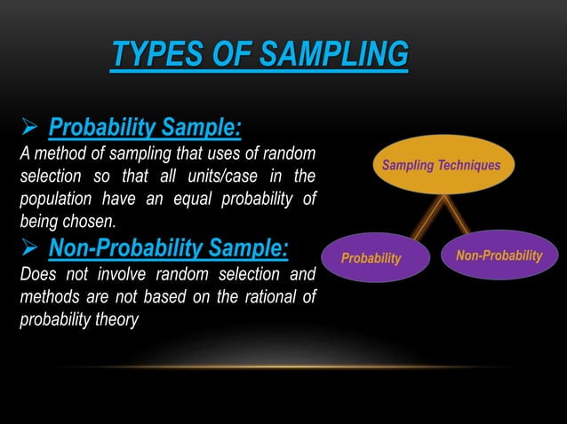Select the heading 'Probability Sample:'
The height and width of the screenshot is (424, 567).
pyautogui.click(x=144, y=128)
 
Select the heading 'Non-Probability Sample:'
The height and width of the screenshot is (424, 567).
pyautogui.click(x=168, y=246)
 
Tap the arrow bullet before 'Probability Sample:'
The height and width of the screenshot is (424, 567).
pyautogui.click(x=28, y=129)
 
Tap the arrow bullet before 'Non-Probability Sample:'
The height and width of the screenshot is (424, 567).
pyautogui.click(x=28, y=247)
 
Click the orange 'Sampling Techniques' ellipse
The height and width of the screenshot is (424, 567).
pyautogui.click(x=441, y=165)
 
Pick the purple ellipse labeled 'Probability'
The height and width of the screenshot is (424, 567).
pyautogui.click(x=372, y=257)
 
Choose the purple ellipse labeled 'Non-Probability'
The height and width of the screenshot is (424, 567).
pyautogui.click(x=498, y=255)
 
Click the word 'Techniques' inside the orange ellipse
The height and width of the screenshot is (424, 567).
pyautogui.click(x=468, y=165)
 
